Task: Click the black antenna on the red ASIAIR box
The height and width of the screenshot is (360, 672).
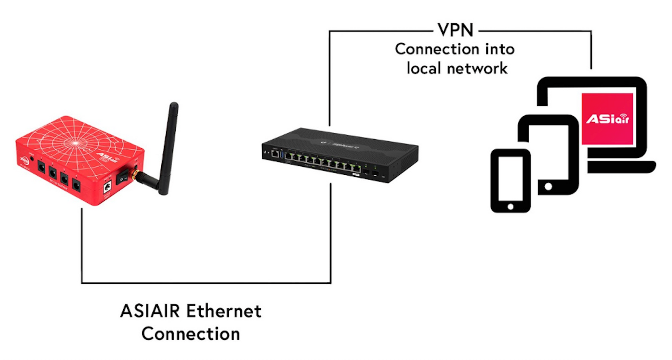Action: tap(168, 143)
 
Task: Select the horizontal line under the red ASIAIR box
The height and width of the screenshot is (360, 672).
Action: tap(206, 283)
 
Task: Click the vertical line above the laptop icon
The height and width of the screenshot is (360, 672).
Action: tap(591, 49)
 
